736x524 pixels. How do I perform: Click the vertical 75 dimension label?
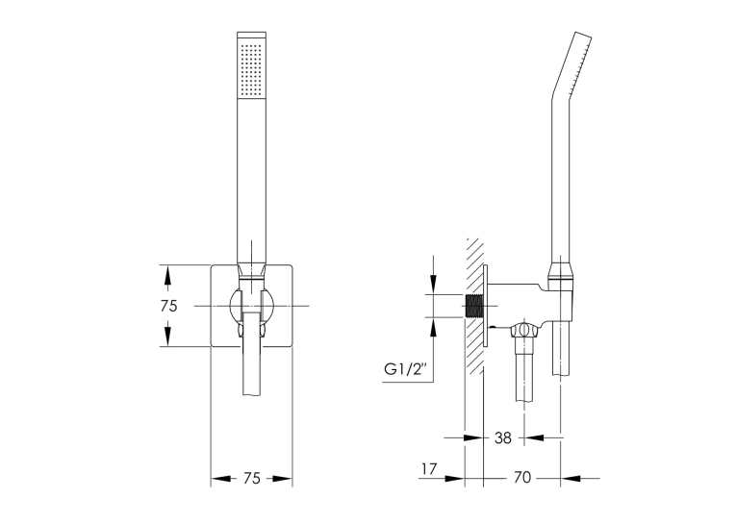point(169,306)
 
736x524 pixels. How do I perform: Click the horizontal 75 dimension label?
point(252,479)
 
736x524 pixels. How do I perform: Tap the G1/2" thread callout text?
point(406,369)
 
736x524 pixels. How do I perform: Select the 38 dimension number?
point(503,438)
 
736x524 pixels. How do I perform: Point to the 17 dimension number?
point(429,468)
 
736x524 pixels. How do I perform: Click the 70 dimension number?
point(522,478)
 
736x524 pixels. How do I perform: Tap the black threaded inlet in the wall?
point(473,306)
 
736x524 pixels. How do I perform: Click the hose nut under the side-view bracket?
point(525,330)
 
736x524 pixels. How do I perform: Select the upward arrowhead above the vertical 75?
point(165,276)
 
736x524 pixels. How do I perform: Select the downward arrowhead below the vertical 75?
point(165,337)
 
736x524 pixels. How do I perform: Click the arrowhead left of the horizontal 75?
point(221,479)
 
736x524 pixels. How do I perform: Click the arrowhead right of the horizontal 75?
point(282,479)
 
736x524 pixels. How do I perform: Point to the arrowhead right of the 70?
point(571,479)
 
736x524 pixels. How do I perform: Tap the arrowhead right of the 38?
point(535,438)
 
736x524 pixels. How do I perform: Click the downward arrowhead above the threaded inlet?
point(434,284)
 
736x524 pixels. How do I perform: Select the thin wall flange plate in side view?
point(486,306)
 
